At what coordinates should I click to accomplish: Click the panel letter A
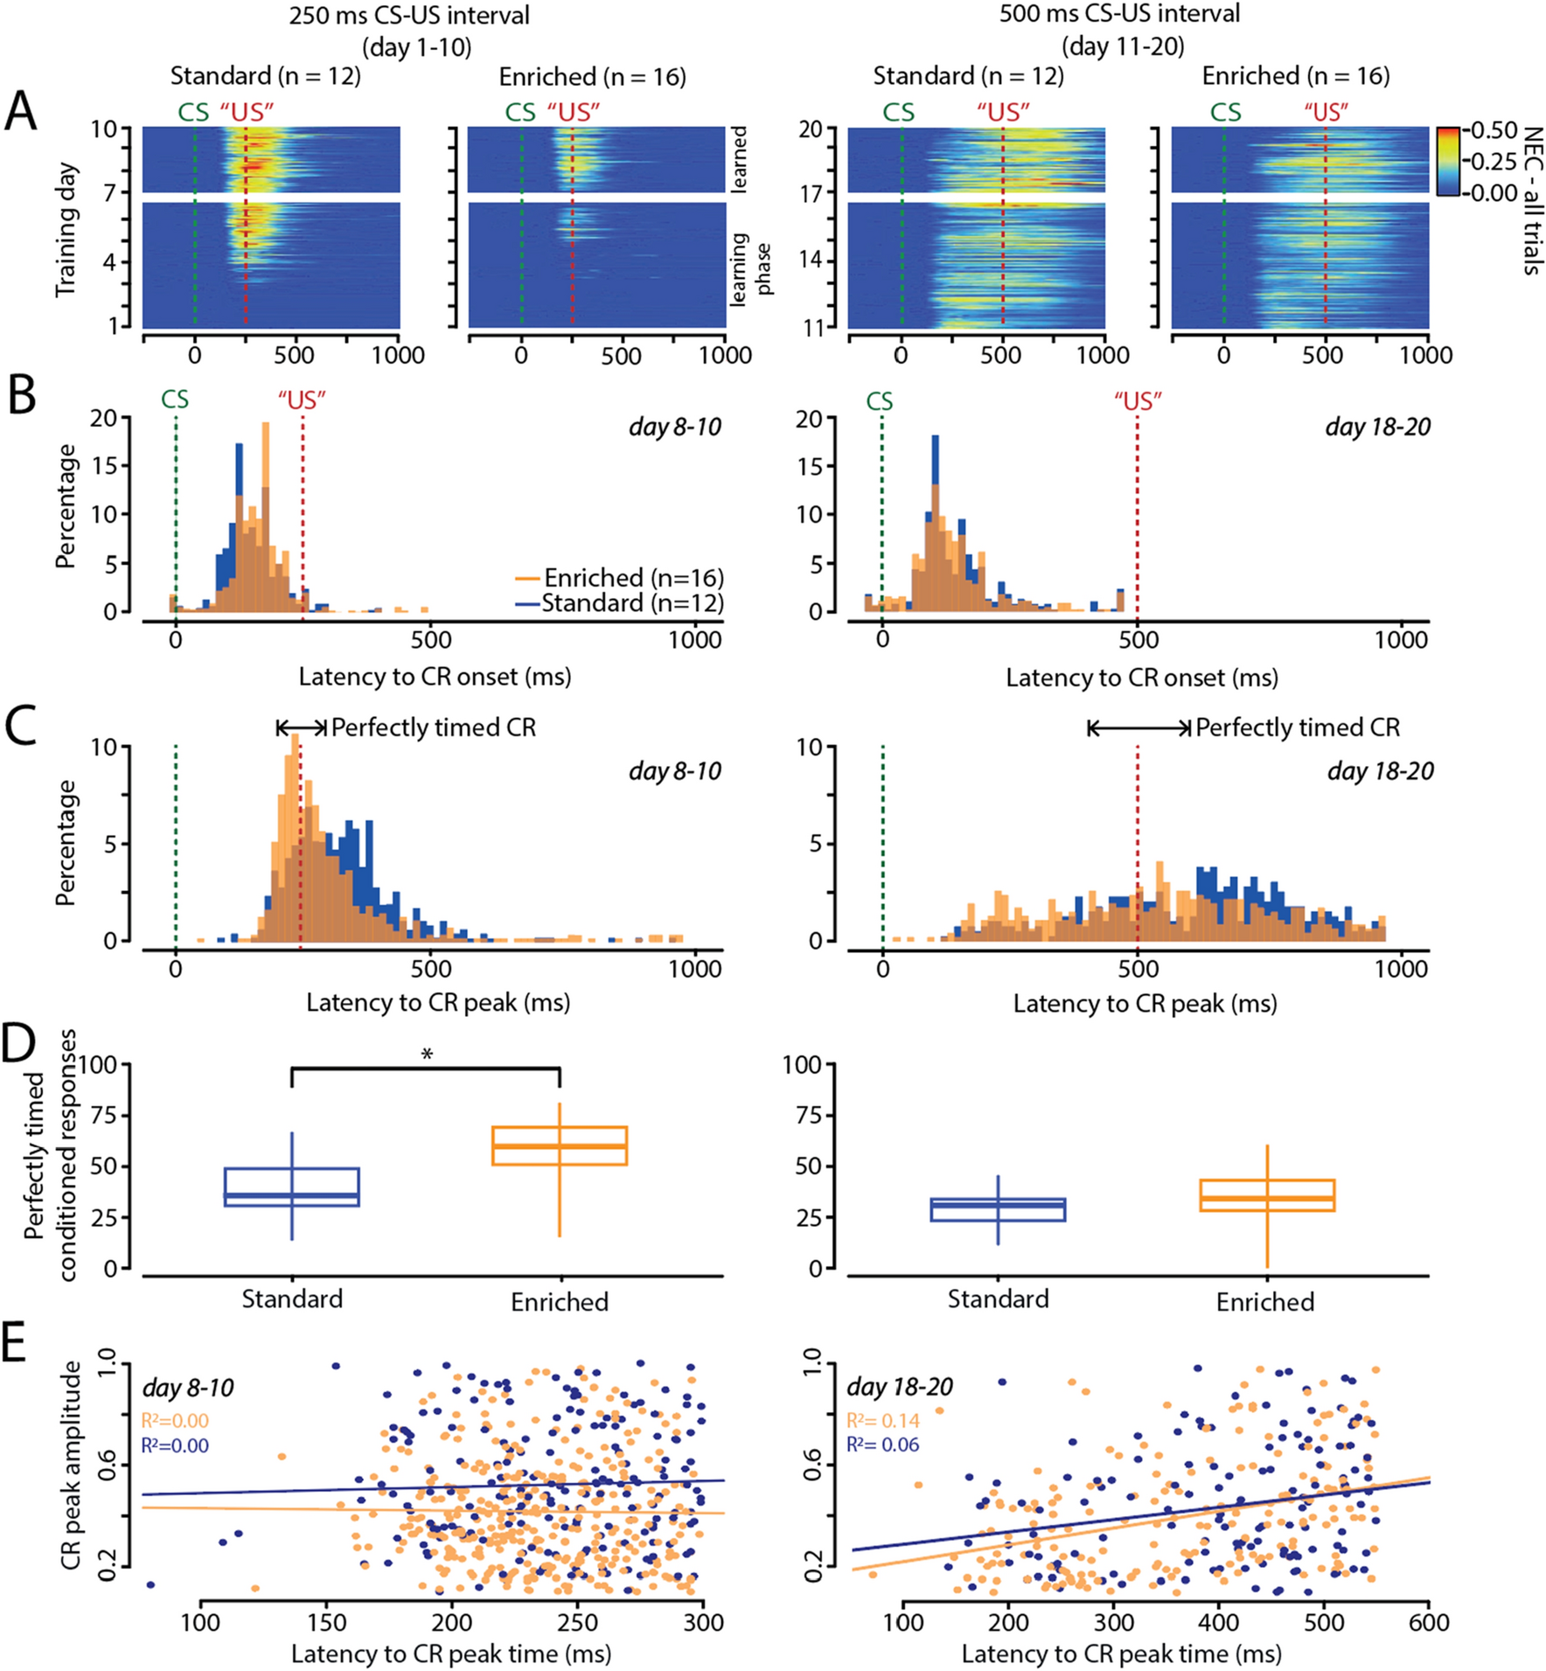coord(21,111)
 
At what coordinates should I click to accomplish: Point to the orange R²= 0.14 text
coord(883,1421)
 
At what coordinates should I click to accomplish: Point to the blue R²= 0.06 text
coord(883,1445)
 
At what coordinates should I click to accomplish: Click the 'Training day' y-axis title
coord(66,229)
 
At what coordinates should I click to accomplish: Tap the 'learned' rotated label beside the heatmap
coord(739,159)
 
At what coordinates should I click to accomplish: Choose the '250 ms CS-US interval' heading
coord(409,15)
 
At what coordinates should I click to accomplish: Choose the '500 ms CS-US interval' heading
coord(1119,14)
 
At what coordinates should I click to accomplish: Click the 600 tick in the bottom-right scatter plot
coord(1429,1623)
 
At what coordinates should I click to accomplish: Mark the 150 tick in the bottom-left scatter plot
coord(327,1623)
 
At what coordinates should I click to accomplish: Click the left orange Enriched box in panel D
coord(560,1145)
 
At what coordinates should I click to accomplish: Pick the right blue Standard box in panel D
coord(998,1209)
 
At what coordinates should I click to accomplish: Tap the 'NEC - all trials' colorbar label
coord(1532,201)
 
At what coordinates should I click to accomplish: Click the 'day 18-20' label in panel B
coord(1378,427)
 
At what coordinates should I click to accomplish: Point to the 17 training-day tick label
coord(811,192)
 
